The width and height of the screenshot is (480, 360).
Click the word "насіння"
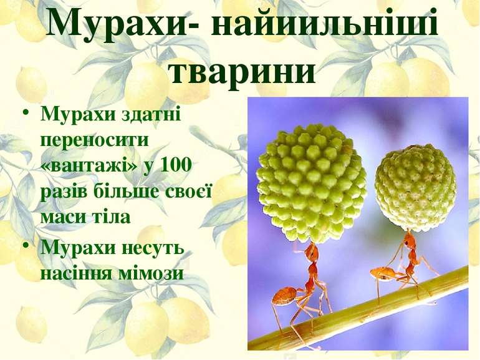(x=72, y=273)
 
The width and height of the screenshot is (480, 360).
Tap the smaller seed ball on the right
(x=415, y=187)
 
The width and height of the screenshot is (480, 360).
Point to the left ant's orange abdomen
(x=284, y=295)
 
